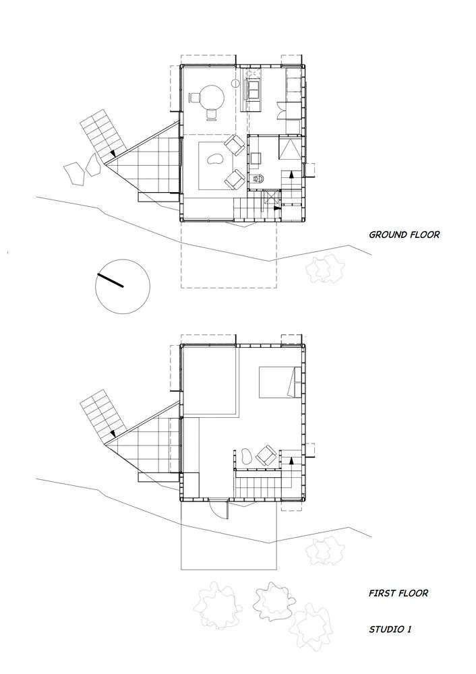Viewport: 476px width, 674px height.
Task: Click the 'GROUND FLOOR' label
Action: point(404,235)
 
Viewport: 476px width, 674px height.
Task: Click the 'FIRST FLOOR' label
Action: point(398,594)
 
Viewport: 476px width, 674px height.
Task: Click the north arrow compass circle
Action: point(122,285)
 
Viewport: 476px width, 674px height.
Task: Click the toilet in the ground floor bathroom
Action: point(258,179)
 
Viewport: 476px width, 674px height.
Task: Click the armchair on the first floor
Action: point(266,456)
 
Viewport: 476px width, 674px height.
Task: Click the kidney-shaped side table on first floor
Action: point(245,456)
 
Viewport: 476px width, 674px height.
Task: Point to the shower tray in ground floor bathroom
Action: point(291,148)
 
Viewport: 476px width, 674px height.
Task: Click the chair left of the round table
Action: point(194,98)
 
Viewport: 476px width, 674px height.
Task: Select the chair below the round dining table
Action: point(212,114)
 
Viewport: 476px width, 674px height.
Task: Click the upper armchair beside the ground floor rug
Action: point(235,145)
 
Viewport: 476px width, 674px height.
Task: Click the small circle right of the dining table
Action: point(235,84)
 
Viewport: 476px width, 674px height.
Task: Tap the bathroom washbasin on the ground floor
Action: point(256,158)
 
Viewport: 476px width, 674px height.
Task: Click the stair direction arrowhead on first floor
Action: point(291,458)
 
